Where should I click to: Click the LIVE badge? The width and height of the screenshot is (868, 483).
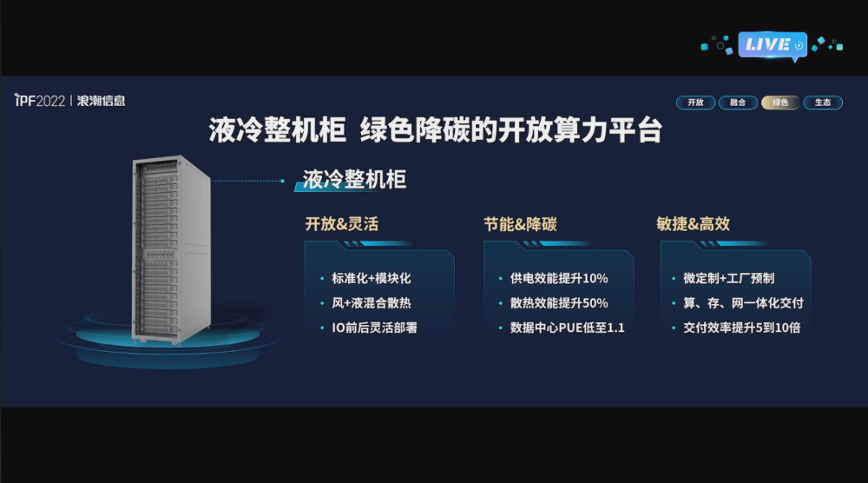[x=773, y=45]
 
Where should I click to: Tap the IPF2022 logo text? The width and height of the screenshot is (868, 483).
[x=40, y=100]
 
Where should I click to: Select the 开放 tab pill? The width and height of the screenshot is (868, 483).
[x=695, y=103]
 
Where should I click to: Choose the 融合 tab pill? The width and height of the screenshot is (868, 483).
[x=737, y=103]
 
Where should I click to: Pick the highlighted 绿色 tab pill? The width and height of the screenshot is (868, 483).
[x=780, y=103]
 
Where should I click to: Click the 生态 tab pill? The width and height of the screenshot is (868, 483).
[x=823, y=103]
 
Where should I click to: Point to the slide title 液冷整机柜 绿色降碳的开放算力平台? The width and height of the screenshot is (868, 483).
[x=435, y=130]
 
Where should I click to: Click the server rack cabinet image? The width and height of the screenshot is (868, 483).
[x=170, y=249]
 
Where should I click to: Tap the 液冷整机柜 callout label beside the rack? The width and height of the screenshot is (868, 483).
[x=354, y=180]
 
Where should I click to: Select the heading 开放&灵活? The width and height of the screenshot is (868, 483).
[x=341, y=224]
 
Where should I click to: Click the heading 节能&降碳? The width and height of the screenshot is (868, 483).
[x=520, y=224]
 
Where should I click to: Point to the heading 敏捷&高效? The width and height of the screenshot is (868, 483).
[x=693, y=224]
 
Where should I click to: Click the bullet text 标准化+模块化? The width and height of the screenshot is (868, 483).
[x=372, y=278]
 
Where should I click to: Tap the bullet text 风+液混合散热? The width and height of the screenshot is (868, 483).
[x=372, y=303]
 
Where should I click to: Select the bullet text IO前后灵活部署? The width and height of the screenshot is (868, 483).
[x=374, y=328]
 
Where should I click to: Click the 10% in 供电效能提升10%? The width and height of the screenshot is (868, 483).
[x=595, y=278]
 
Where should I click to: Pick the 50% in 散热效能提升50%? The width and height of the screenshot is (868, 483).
[x=595, y=303]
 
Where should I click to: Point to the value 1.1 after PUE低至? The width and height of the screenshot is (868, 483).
[x=615, y=328]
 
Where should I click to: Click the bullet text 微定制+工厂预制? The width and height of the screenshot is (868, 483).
[x=728, y=278]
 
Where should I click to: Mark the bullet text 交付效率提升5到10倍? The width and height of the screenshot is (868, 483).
[x=742, y=328]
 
